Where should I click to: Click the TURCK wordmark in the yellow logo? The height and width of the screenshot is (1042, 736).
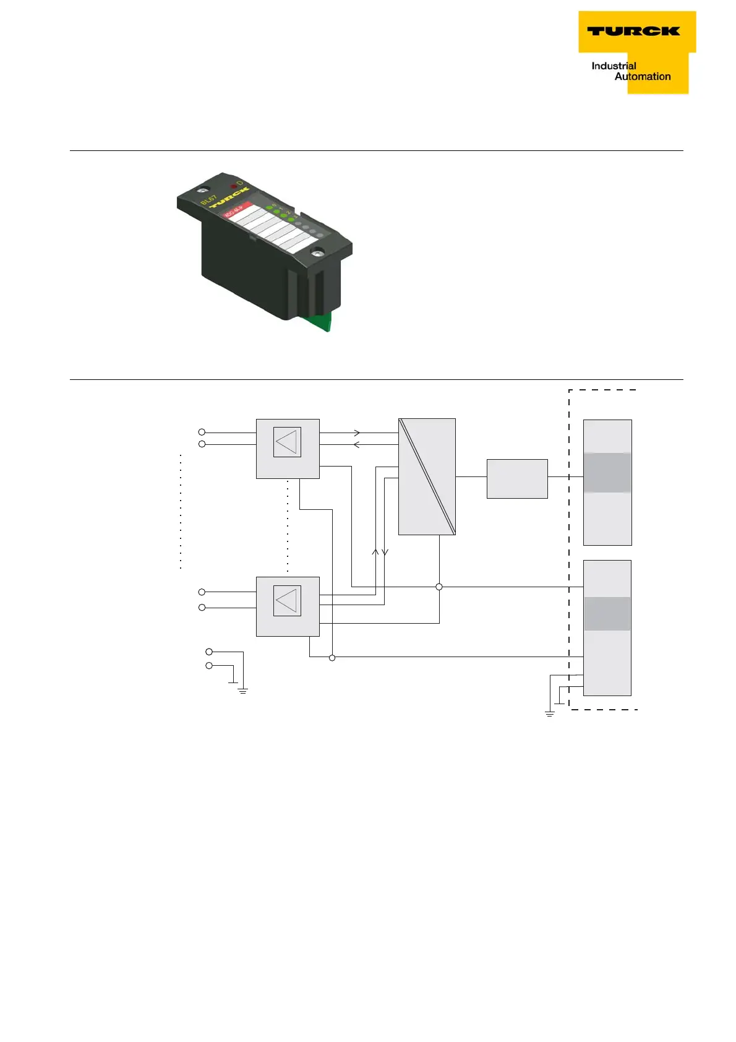tap(633, 31)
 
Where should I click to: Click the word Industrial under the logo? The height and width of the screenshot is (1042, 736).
tap(614, 66)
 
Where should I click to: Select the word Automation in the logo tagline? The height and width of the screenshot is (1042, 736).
tap(643, 77)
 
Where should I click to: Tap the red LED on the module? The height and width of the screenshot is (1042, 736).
tap(234, 186)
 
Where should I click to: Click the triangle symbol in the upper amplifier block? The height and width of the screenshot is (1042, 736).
tap(287, 442)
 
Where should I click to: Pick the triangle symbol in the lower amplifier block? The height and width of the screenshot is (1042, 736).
tap(287, 601)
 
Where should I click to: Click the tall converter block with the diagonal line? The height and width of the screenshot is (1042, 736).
tap(427, 476)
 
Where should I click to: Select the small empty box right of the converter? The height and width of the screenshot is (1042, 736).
tap(517, 478)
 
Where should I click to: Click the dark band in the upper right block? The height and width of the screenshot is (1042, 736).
tap(607, 473)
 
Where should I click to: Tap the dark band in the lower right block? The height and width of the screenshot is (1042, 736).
tap(607, 614)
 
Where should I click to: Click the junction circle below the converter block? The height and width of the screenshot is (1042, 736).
tap(439, 587)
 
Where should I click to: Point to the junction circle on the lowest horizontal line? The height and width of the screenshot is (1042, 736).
tap(332, 658)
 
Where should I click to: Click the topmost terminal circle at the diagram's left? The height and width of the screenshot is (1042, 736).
tap(202, 432)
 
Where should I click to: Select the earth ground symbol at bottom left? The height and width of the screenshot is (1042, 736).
tap(243, 690)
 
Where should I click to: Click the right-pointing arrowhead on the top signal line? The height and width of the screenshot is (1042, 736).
tap(357, 433)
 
